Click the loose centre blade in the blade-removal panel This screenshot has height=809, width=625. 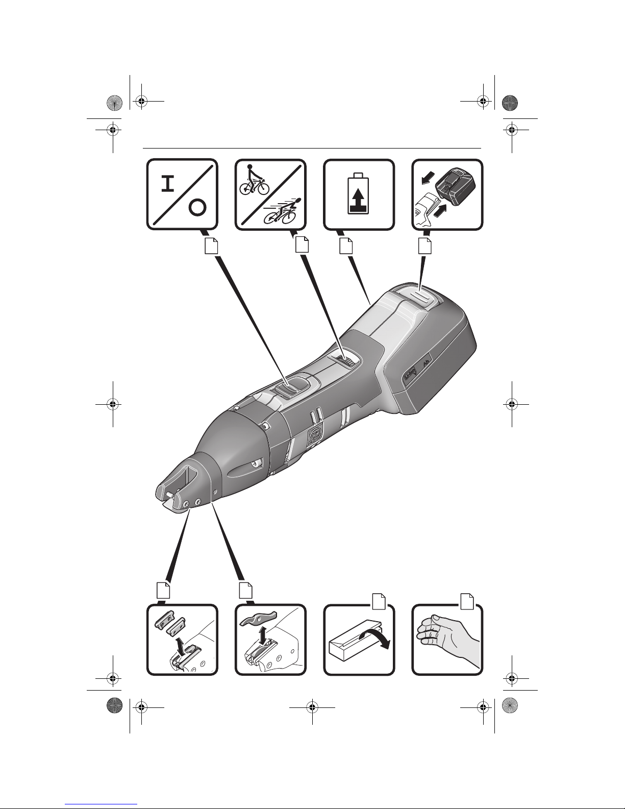(x=258, y=617)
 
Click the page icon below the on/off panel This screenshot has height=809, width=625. (x=211, y=247)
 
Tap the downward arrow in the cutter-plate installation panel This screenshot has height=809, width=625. (x=180, y=644)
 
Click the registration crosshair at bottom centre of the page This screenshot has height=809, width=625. (x=311, y=707)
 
